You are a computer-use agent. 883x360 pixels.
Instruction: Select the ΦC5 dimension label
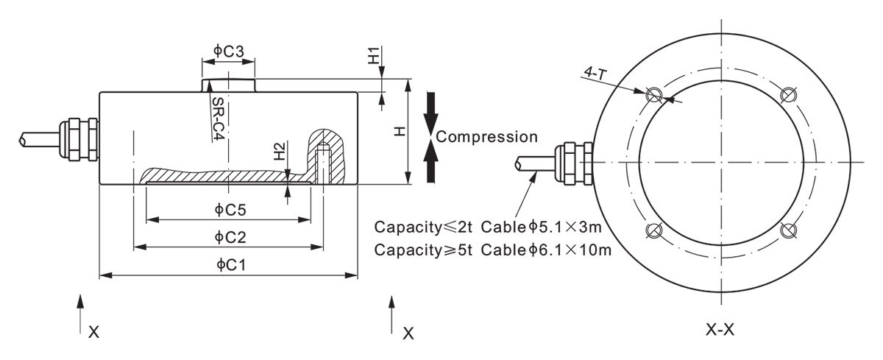(230, 210)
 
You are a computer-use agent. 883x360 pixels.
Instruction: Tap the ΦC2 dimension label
(230, 236)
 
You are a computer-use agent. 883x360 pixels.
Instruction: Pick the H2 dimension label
(279, 152)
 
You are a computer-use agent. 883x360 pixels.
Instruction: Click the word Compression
(486, 137)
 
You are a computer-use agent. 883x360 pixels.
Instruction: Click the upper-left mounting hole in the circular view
(652, 95)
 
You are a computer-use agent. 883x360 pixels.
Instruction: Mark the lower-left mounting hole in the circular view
(652, 231)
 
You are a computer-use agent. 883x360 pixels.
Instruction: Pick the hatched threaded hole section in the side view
(325, 155)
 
